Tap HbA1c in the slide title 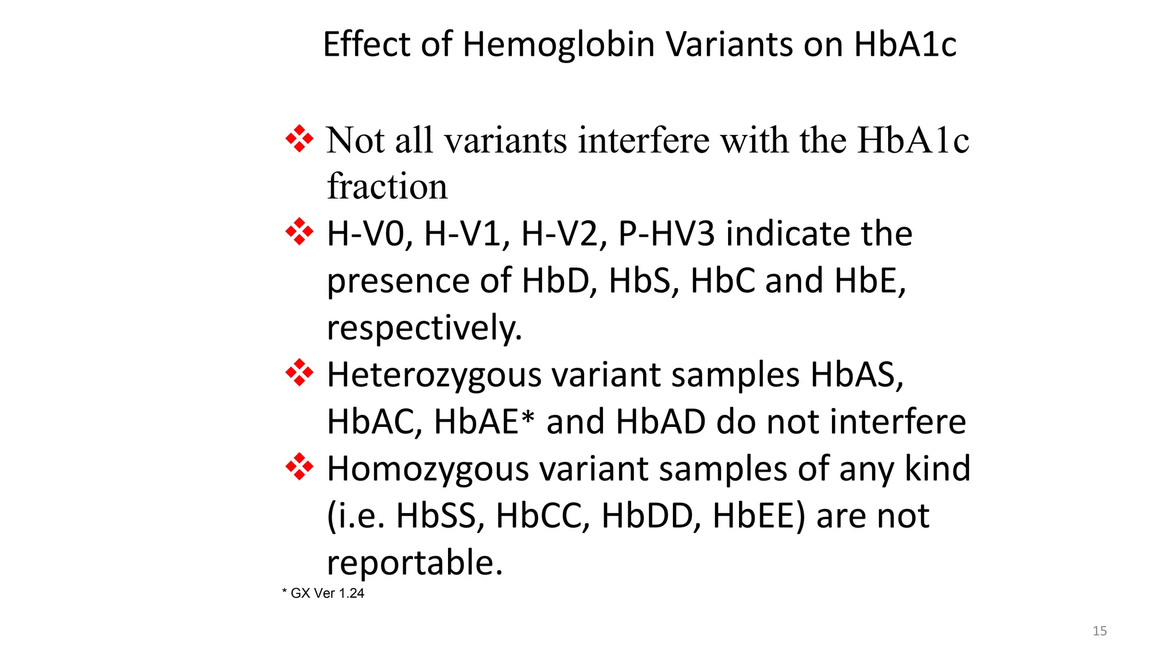[x=905, y=45]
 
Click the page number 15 [x=1099, y=631]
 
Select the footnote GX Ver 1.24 [x=327, y=593]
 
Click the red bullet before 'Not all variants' [x=299, y=139]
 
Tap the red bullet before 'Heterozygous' [x=299, y=373]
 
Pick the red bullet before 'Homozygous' [x=299, y=466]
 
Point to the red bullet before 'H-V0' [x=299, y=232]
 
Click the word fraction [x=387, y=186]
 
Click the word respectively [x=424, y=328]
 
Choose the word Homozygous [x=427, y=469]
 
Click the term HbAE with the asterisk [x=484, y=422]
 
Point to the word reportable [x=414, y=563]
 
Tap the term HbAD [x=660, y=422]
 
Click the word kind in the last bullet [x=937, y=469]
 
